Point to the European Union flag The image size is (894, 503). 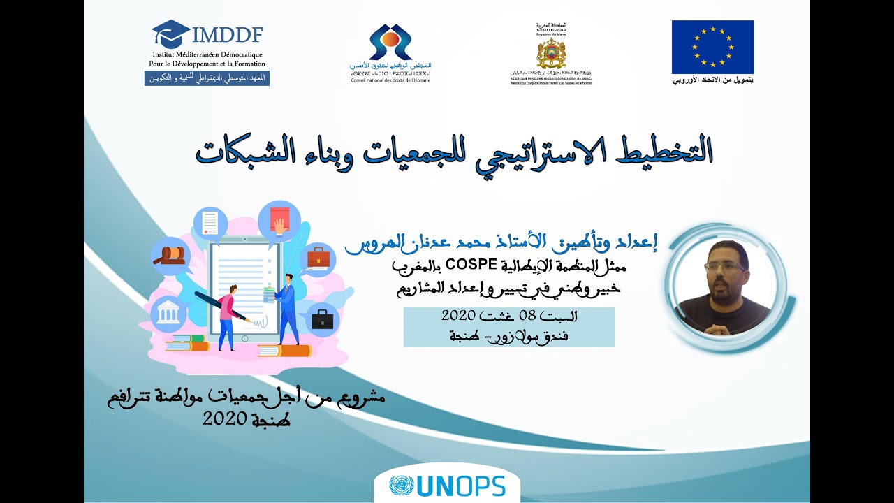click(712, 47)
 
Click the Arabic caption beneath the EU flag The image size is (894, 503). click(713, 80)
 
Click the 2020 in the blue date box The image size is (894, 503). click(459, 315)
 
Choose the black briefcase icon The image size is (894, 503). click(322, 319)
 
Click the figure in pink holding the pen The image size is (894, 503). click(228, 314)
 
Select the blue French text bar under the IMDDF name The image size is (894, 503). click(207, 78)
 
